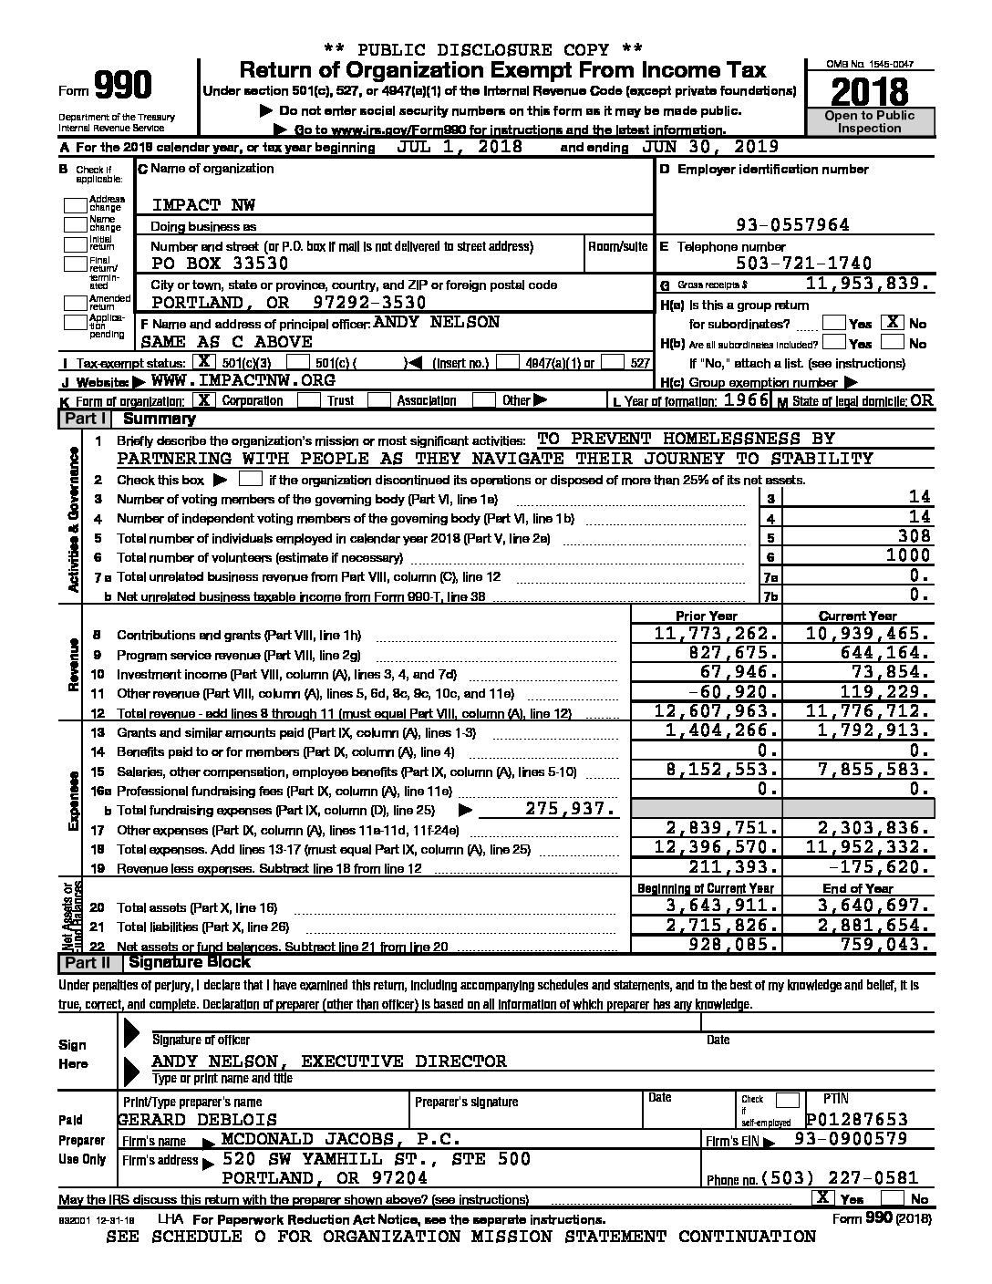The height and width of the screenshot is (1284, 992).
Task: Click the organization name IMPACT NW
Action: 192,204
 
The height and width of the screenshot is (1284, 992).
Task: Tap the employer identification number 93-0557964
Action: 792,225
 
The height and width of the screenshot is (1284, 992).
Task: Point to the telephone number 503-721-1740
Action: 805,264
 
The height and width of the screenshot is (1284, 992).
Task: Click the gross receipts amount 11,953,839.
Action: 870,285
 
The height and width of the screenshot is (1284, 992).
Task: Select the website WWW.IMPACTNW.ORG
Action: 243,380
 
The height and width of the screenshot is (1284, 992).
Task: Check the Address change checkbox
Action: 75,203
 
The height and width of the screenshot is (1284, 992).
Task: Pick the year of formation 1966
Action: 745,400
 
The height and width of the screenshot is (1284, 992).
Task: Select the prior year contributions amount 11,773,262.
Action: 717,634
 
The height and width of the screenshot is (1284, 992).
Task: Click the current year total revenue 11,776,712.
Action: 869,712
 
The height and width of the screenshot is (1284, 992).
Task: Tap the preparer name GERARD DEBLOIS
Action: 197,1119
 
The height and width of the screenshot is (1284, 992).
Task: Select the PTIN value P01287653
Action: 858,1119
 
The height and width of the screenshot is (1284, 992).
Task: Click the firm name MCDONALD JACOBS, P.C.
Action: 340,1139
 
